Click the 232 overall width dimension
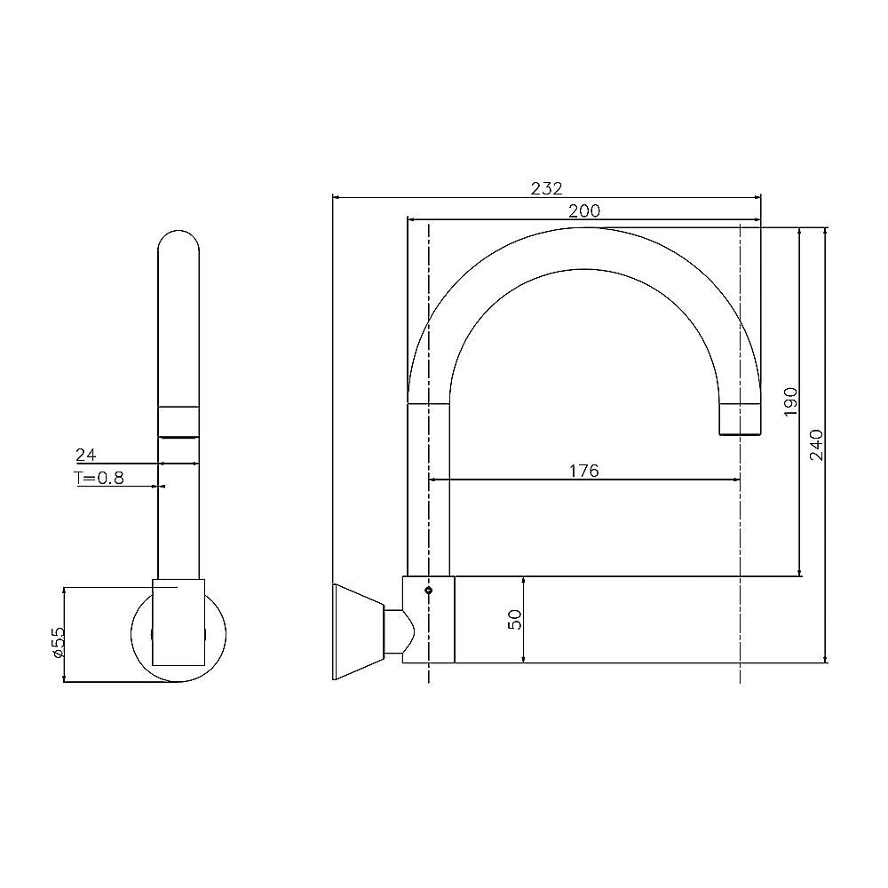[547, 187]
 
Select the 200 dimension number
[584, 210]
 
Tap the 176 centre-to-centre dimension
[583, 471]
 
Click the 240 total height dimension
[817, 444]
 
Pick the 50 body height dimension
[514, 620]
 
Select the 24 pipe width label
[85, 456]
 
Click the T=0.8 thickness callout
[99, 479]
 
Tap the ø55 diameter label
[56, 641]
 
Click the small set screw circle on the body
[429, 589]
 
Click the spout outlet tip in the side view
[740, 420]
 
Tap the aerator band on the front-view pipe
[178, 421]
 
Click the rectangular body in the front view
[178, 622]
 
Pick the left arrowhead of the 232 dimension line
[336, 196]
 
